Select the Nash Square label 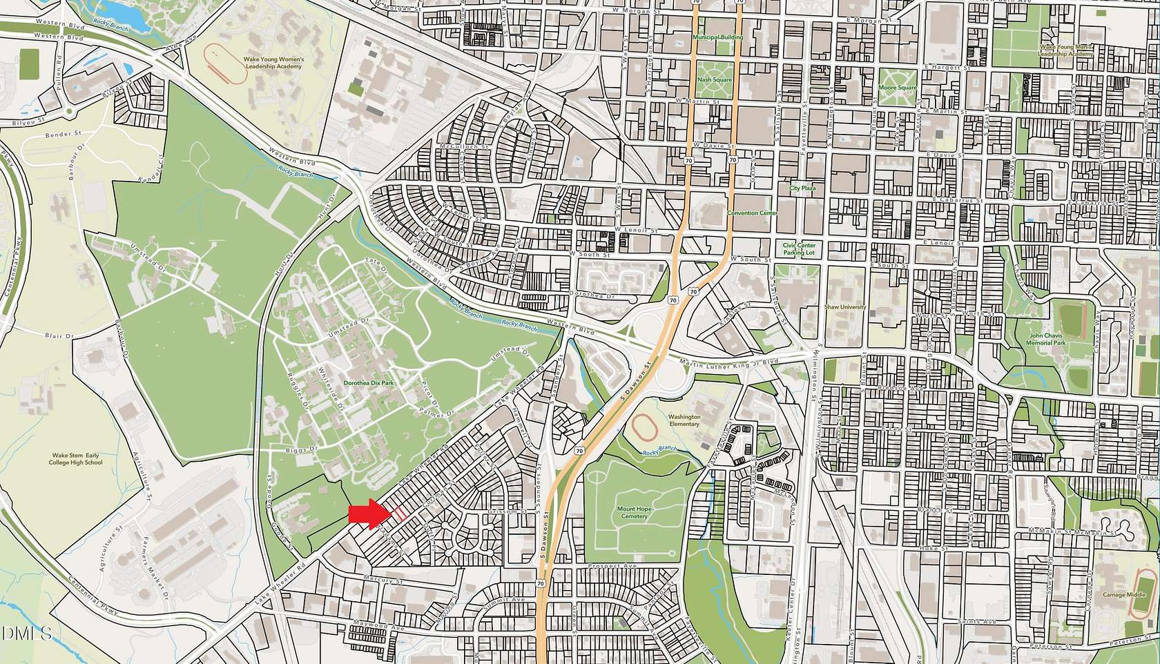(714, 80)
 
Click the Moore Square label (897, 88)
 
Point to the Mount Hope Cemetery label (632, 512)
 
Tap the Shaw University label (844, 307)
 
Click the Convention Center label (752, 213)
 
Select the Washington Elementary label (684, 420)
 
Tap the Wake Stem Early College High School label (77, 459)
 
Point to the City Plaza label (803, 188)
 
